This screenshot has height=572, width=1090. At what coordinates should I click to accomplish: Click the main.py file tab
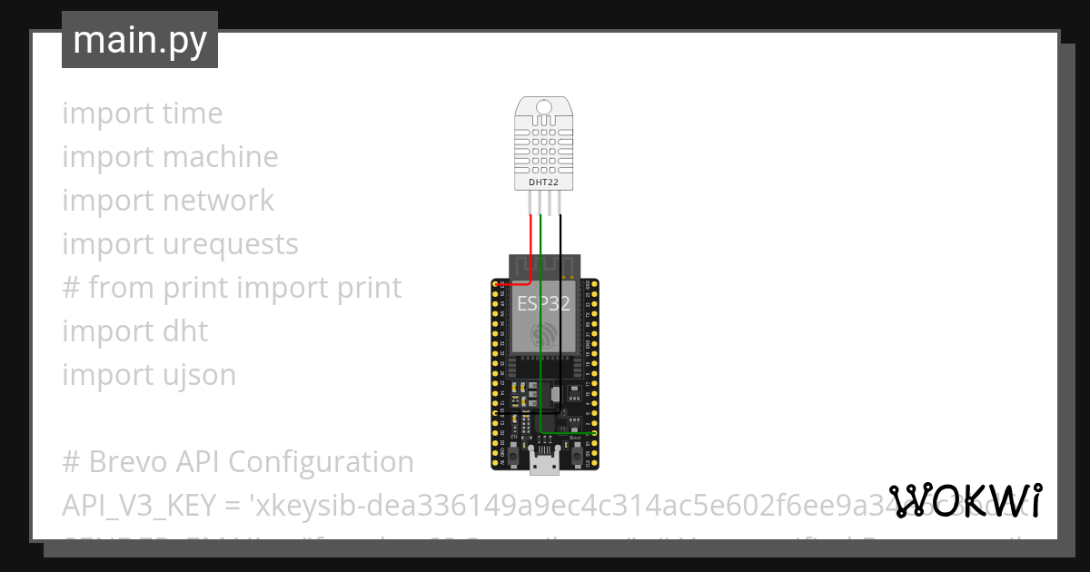coord(140,40)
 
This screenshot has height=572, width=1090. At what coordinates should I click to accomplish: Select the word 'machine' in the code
coord(221,157)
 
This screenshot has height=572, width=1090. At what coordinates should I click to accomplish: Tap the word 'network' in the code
coord(218,201)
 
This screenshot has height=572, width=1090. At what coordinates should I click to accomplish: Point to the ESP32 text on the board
coord(543,303)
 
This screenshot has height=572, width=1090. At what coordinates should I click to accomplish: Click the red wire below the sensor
coord(531,236)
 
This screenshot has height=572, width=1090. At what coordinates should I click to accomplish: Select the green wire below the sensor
coord(540,236)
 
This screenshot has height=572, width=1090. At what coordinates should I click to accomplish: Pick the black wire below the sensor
coord(560,236)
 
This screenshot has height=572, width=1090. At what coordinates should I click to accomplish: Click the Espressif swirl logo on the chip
coord(544,335)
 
